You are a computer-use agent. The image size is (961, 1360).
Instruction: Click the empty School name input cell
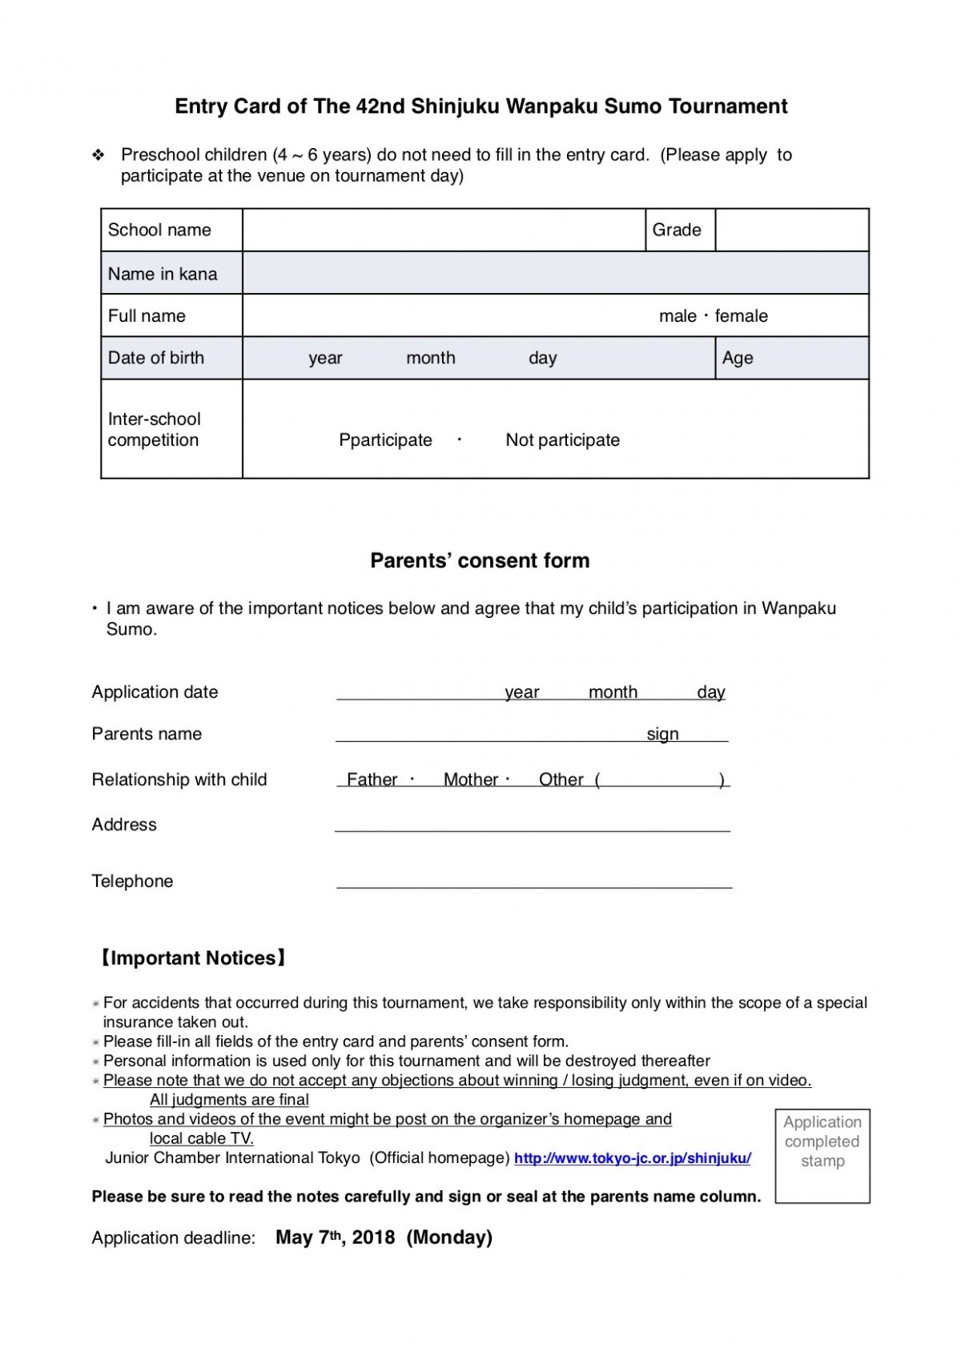(x=444, y=230)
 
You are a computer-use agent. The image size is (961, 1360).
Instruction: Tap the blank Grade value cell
(x=791, y=230)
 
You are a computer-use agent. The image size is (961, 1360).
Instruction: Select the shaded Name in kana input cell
(x=555, y=273)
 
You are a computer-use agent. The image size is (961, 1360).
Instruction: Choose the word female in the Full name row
(x=742, y=316)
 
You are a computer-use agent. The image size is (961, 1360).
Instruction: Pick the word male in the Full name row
(x=678, y=316)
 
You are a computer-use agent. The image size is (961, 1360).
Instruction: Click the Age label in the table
(x=738, y=358)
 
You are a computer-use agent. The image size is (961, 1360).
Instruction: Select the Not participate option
(x=562, y=440)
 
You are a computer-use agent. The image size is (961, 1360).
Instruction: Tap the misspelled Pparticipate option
(x=385, y=440)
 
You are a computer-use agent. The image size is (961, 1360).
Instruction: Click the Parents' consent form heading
(x=480, y=560)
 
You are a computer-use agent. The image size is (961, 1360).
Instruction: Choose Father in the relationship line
(x=372, y=780)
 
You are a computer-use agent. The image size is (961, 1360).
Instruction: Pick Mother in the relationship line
(x=471, y=780)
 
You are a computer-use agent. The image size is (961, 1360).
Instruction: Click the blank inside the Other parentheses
(x=659, y=780)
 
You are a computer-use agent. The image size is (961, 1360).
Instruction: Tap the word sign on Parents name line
(x=662, y=734)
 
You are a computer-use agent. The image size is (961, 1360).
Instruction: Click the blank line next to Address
(x=533, y=824)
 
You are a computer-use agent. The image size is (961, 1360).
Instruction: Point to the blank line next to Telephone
(x=534, y=881)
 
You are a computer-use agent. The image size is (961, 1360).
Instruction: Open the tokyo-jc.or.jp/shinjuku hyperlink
(x=632, y=1158)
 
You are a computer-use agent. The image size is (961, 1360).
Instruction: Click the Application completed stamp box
(x=822, y=1155)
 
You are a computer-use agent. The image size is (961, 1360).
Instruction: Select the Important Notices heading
(x=192, y=958)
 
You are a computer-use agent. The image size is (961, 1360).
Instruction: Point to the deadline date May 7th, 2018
(x=335, y=1238)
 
